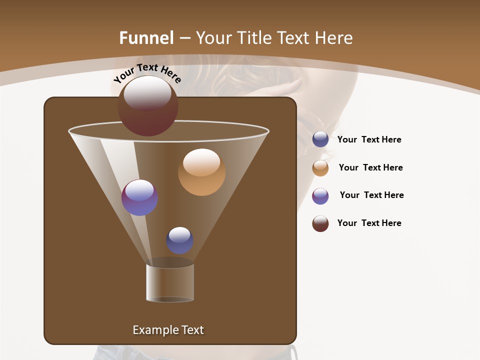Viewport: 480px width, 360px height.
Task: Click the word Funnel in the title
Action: click(146, 38)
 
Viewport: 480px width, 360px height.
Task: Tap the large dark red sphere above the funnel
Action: click(147, 106)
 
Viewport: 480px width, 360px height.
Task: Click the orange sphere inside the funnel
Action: click(201, 172)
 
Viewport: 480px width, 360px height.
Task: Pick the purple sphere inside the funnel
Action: click(139, 197)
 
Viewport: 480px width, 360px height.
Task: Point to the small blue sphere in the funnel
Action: click(179, 240)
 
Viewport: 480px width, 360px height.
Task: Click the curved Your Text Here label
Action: click(147, 73)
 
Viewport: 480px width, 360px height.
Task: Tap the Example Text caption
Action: click(168, 330)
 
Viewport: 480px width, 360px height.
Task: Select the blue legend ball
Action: click(320, 139)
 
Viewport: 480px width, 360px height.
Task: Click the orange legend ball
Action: click(320, 167)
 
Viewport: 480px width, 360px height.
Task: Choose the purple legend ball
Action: click(320, 195)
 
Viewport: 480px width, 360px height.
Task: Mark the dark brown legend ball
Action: click(320, 223)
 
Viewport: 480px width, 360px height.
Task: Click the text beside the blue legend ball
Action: click(369, 140)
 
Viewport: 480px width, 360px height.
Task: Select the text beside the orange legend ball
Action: click(370, 167)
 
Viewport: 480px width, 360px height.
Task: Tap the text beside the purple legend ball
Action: click(371, 195)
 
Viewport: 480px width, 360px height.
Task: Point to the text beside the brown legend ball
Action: click(369, 223)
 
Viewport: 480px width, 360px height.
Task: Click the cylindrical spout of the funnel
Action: click(170, 282)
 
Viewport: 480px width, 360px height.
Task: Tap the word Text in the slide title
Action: click(294, 38)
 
